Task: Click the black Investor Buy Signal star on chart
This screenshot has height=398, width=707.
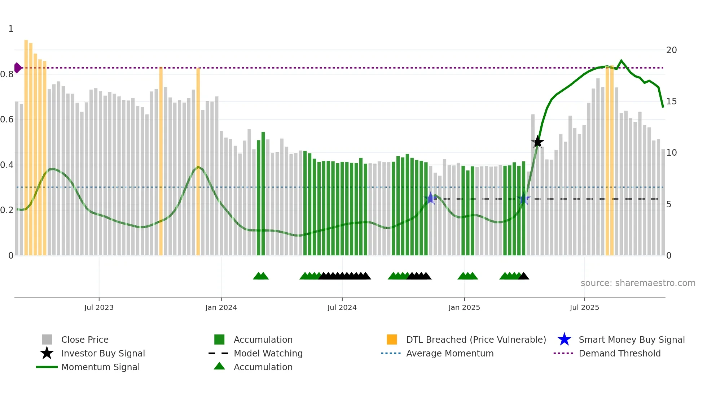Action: (x=537, y=142)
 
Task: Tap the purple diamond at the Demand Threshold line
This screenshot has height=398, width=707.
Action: (x=17, y=68)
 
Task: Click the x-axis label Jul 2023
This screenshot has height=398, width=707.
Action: (x=99, y=307)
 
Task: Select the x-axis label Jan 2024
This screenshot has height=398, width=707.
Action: (x=221, y=307)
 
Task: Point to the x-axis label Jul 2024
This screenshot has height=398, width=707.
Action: (x=342, y=307)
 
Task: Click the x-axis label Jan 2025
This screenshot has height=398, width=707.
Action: (x=464, y=307)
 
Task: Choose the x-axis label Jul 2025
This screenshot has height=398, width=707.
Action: (x=584, y=307)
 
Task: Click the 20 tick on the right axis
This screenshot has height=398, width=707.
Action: (x=671, y=50)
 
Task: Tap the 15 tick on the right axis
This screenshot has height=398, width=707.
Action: (x=671, y=101)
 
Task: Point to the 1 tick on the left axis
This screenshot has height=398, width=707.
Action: (x=11, y=29)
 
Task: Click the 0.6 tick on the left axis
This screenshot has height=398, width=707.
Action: (x=7, y=120)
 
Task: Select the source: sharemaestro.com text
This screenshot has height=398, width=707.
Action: (x=638, y=283)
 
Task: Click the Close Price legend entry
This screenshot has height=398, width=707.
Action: (x=85, y=339)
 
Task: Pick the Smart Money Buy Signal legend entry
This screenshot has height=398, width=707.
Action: (x=631, y=339)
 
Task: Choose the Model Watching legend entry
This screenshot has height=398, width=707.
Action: (x=268, y=353)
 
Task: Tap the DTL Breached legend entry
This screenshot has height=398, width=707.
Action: (x=476, y=339)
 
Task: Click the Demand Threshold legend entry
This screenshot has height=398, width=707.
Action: (x=619, y=353)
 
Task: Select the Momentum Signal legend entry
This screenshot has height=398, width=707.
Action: (x=100, y=367)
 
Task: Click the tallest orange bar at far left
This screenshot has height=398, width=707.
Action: (x=26, y=144)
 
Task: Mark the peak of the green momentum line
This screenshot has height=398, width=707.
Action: (x=621, y=61)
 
